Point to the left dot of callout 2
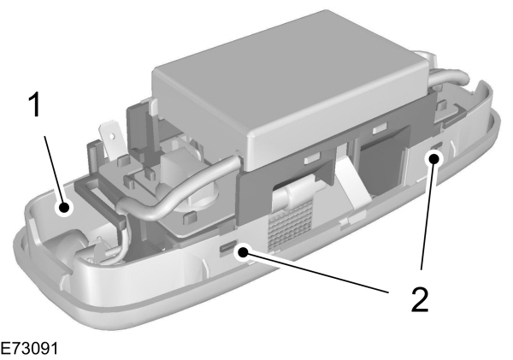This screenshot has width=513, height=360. pyautogui.click(x=245, y=252)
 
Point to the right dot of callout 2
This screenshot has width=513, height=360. pyautogui.click(x=435, y=157)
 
